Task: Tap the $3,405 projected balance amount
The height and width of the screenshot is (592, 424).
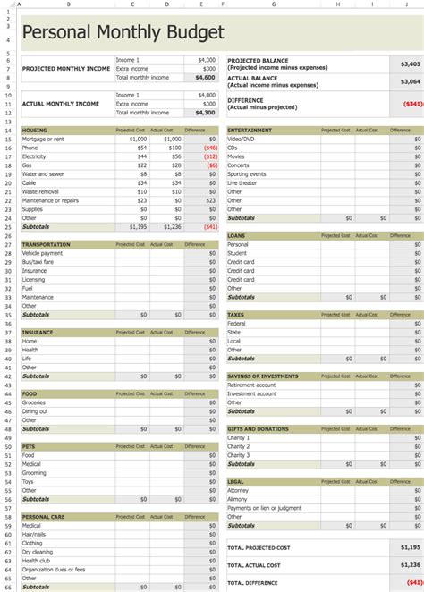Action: click(x=411, y=64)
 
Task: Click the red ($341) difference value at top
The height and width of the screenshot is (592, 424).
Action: click(x=412, y=104)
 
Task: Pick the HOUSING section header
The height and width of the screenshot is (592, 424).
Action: click(x=35, y=131)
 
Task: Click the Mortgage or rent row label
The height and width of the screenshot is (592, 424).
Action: click(x=43, y=139)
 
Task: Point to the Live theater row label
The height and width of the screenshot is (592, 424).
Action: click(x=244, y=182)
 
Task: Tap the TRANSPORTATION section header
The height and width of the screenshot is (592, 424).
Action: click(x=46, y=244)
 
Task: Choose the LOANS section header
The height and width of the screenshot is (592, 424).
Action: click(x=237, y=236)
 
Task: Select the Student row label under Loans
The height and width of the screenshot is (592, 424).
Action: click(x=238, y=253)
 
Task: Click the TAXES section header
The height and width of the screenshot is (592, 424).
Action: click(x=236, y=315)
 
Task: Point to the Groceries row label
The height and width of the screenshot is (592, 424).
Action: click(x=36, y=402)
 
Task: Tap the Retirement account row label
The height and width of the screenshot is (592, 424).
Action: click(x=252, y=385)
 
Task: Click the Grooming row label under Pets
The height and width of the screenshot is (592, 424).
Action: click(x=36, y=472)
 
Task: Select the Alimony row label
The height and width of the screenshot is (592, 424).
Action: click(x=239, y=499)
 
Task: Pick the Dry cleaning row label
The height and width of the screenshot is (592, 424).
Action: click(x=38, y=551)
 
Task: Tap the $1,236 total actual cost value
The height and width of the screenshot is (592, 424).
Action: click(x=410, y=565)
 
